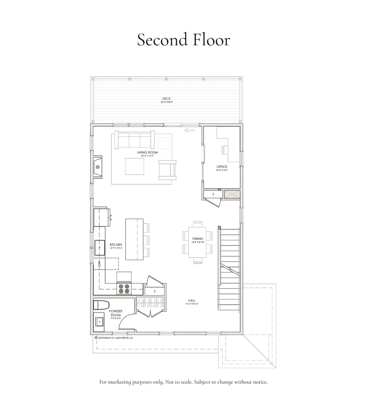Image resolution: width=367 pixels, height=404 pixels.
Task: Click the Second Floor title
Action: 183,40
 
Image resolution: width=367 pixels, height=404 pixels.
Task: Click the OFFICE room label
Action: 222,167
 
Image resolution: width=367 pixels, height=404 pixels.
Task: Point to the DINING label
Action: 198,239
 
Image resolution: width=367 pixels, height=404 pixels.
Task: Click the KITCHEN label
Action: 116,245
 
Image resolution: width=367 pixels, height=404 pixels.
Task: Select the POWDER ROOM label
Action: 116,313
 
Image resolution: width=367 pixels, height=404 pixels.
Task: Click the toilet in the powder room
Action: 101,305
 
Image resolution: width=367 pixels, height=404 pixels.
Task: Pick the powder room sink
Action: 99,322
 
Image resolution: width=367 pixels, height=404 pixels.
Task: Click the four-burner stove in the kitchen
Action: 124,289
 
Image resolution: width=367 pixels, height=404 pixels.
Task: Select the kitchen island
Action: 134,239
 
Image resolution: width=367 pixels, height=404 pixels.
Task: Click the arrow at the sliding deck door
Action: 189,129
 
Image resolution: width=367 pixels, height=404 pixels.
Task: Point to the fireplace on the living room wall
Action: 97,167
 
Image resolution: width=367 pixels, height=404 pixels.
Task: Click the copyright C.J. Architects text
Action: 114,338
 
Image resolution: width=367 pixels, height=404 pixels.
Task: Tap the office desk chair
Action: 225,150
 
